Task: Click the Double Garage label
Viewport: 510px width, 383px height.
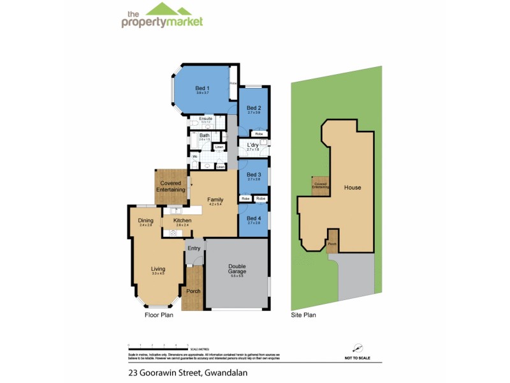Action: click(237, 269)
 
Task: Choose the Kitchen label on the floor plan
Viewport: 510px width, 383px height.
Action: click(182, 220)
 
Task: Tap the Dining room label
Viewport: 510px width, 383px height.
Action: click(146, 220)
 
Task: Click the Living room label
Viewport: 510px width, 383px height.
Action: click(158, 269)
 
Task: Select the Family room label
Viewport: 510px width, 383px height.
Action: click(215, 200)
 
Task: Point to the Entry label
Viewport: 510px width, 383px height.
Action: click(194, 248)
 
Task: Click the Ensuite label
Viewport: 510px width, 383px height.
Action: click(205, 119)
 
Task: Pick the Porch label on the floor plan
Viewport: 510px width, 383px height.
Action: click(193, 291)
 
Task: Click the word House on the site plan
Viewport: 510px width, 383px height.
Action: click(353, 188)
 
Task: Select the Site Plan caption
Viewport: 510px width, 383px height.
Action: click(303, 315)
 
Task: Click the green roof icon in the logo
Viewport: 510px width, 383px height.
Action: click(168, 10)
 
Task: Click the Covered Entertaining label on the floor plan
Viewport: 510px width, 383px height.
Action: click(170, 186)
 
